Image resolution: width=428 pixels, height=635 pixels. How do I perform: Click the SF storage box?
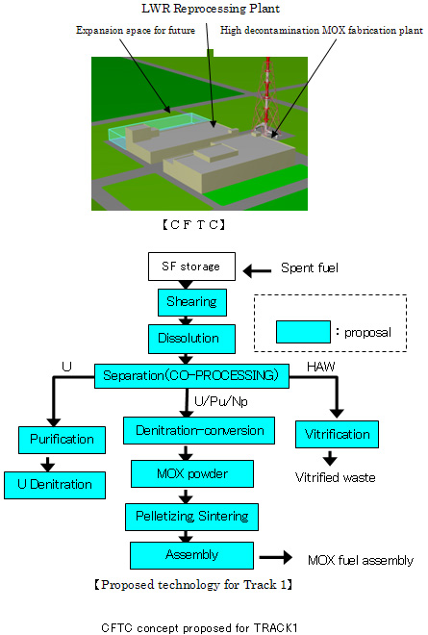point(191,267)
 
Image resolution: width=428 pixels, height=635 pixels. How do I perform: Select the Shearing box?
point(192,302)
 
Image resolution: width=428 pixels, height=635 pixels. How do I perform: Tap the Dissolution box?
point(191,339)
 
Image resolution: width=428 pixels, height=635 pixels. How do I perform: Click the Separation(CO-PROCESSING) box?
point(192,376)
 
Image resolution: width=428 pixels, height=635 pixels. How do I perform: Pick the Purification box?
point(62,440)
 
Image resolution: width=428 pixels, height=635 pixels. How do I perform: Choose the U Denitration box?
point(55,485)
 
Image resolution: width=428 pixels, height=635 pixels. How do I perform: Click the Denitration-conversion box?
point(199,430)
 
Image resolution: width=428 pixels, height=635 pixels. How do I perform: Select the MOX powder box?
point(192,473)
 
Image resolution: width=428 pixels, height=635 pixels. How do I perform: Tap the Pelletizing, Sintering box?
point(192,517)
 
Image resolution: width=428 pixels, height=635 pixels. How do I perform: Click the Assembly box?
point(192,555)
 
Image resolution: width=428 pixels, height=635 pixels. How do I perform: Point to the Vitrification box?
point(337,434)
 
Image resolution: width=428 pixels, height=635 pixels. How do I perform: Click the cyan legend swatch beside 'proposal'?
point(303,332)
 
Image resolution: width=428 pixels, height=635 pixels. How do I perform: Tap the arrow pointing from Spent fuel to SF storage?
point(257,271)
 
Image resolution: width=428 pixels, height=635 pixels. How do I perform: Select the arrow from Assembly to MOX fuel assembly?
point(276,557)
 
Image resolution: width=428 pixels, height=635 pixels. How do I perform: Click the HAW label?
point(320,367)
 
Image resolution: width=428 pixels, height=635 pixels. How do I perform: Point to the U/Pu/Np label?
point(221,401)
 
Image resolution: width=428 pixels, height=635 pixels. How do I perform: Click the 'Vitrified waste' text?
point(336,477)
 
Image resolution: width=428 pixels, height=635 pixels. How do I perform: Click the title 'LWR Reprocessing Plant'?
point(211,9)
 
